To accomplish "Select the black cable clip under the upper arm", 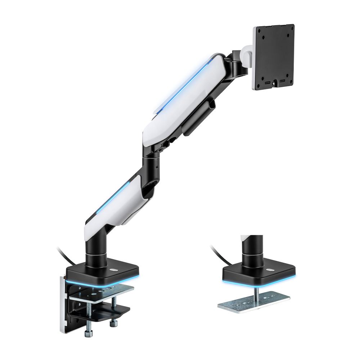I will (x=198, y=118).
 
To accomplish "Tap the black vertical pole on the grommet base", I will (x=252, y=248).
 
